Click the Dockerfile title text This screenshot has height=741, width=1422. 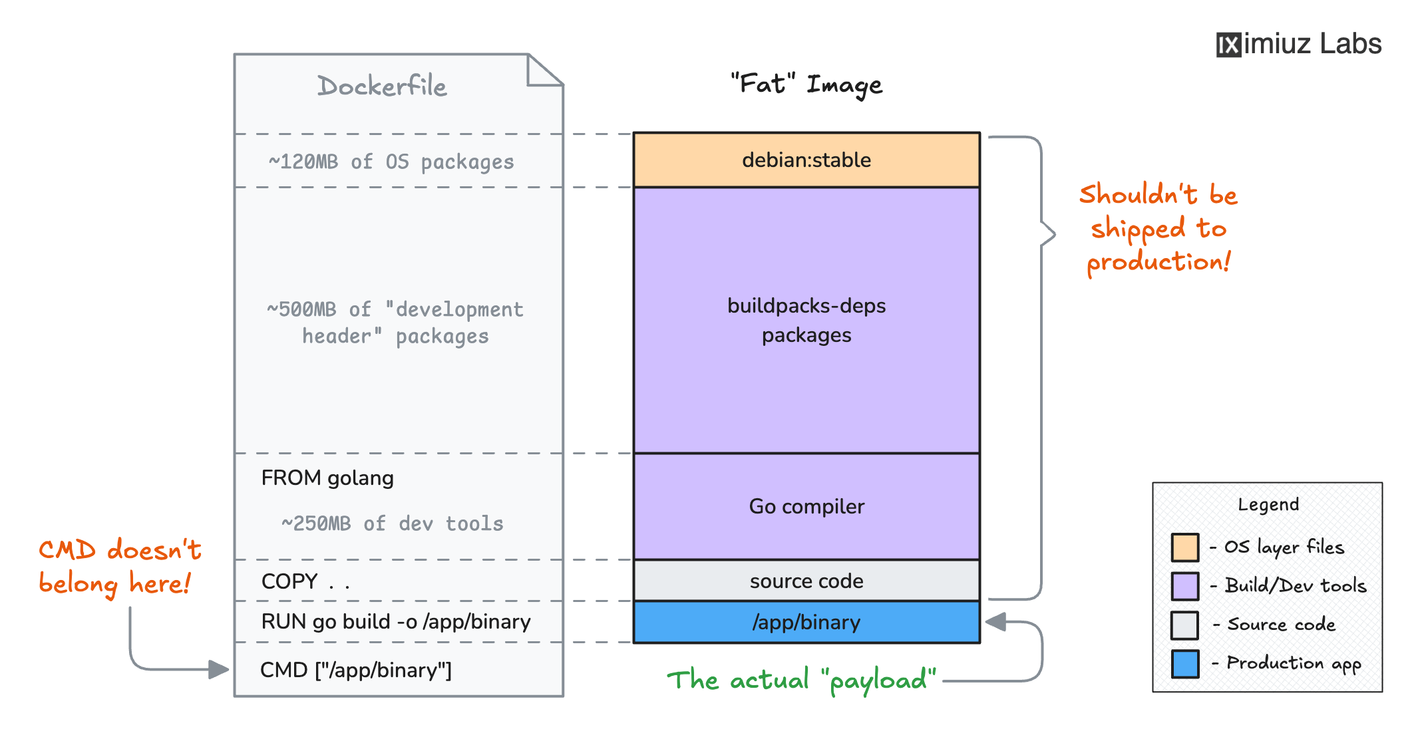382,86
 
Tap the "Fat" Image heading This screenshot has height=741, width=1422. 806,84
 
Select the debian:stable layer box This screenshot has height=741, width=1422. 806,160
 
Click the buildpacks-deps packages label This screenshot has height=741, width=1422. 806,320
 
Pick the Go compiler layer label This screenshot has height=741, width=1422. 806,507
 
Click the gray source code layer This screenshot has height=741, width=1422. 806,581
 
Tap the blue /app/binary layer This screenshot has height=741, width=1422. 806,623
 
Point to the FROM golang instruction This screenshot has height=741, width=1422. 327,478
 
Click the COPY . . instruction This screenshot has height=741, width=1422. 305,581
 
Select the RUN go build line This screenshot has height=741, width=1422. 396,622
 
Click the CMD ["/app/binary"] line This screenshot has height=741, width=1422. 356,670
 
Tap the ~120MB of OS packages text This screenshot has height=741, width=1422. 391,162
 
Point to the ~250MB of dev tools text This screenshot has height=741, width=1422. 392,523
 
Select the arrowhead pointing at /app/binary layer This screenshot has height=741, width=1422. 995,623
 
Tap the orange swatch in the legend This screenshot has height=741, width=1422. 1184,547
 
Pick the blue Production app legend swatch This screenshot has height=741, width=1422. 1184,664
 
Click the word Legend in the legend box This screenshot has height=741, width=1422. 1268,505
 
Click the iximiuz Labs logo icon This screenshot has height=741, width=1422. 1228,45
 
